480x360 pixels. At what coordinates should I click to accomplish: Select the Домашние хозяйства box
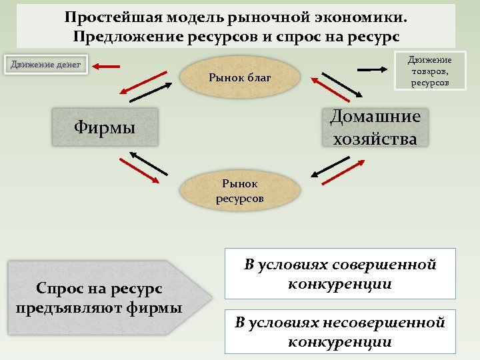point(375,127)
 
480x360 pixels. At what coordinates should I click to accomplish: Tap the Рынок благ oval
point(240,78)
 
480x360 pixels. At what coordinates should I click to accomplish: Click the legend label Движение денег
point(45,65)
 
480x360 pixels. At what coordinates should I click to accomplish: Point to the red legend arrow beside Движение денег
point(107,66)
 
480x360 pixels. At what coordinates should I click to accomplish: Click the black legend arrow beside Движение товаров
point(373,68)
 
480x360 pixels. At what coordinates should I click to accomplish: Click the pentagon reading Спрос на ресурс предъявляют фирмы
point(100,297)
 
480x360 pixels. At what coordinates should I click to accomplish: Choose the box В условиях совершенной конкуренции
point(340,274)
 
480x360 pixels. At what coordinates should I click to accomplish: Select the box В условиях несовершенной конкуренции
point(340,332)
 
